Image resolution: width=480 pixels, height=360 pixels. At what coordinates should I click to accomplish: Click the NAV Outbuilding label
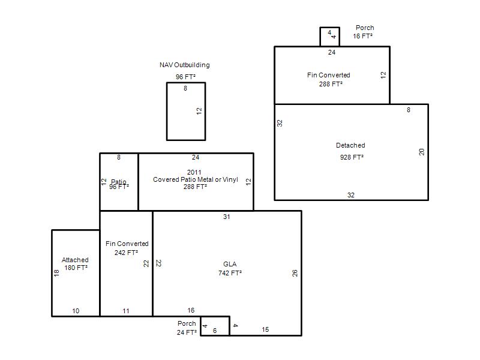click(x=185, y=65)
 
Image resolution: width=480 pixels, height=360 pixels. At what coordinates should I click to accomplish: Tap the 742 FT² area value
click(x=230, y=273)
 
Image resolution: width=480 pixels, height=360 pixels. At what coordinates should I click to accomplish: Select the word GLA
click(x=230, y=264)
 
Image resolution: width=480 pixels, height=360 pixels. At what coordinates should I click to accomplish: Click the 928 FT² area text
click(x=352, y=157)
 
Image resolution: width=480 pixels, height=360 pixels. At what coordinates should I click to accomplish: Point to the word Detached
click(x=350, y=145)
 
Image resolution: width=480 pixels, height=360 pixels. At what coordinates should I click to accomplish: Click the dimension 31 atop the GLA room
click(x=227, y=217)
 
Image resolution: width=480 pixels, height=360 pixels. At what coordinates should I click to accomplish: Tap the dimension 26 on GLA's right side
click(x=295, y=273)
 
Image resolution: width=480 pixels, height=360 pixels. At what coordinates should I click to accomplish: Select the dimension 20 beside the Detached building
click(x=422, y=152)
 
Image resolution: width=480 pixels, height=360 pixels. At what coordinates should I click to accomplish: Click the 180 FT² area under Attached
click(x=76, y=268)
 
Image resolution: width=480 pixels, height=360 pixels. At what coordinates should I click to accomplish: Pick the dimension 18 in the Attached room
click(x=56, y=273)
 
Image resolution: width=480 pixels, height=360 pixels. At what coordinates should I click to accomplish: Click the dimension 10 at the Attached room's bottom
click(x=76, y=311)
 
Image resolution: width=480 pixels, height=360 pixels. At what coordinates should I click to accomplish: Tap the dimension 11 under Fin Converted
click(x=126, y=311)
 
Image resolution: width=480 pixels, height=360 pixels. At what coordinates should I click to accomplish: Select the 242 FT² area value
click(x=126, y=253)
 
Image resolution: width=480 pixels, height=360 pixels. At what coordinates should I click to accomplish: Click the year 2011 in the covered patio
click(x=194, y=172)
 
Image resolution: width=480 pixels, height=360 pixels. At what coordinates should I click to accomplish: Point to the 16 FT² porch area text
click(x=363, y=36)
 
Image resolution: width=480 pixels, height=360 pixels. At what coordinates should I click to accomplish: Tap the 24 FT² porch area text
click(x=187, y=332)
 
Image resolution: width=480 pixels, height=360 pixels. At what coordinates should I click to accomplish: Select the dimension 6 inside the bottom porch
click(x=215, y=331)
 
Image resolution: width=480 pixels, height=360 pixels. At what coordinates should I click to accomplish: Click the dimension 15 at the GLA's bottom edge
click(x=265, y=329)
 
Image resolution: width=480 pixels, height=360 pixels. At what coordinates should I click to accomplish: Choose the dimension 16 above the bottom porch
click(x=191, y=310)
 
